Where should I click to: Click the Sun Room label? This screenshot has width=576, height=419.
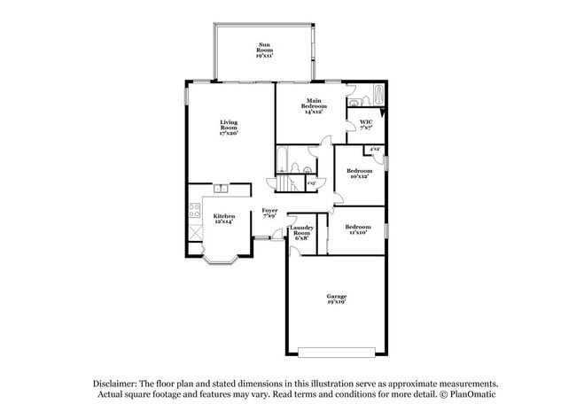pyautogui.click(x=264, y=50)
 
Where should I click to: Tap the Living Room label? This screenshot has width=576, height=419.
pyautogui.click(x=229, y=127)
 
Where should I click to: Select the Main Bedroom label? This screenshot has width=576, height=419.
pyautogui.click(x=313, y=106)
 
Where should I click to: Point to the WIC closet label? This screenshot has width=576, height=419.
pyautogui.click(x=366, y=125)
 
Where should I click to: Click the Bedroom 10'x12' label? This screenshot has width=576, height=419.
pyautogui.click(x=359, y=173)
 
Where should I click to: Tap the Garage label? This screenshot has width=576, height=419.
pyautogui.click(x=336, y=299)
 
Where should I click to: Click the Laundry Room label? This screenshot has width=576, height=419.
pyautogui.click(x=301, y=233)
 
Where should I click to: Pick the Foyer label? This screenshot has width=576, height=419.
pyautogui.click(x=269, y=213)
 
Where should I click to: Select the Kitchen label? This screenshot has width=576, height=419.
pyautogui.click(x=223, y=218)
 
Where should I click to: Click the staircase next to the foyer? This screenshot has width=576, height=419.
pyautogui.click(x=286, y=183)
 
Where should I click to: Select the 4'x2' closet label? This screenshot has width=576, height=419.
pyautogui.click(x=375, y=150)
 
